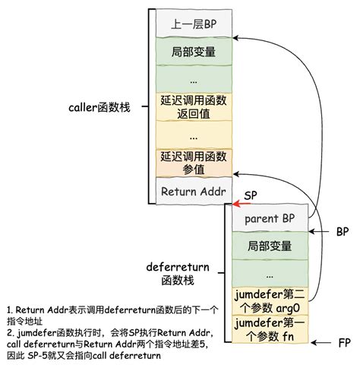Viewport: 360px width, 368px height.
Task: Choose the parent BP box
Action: (x=271, y=218)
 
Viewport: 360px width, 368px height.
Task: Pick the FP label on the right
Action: (x=344, y=344)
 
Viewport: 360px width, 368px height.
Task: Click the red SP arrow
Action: (x=242, y=204)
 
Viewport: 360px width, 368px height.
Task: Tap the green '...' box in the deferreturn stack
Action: (x=271, y=273)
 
